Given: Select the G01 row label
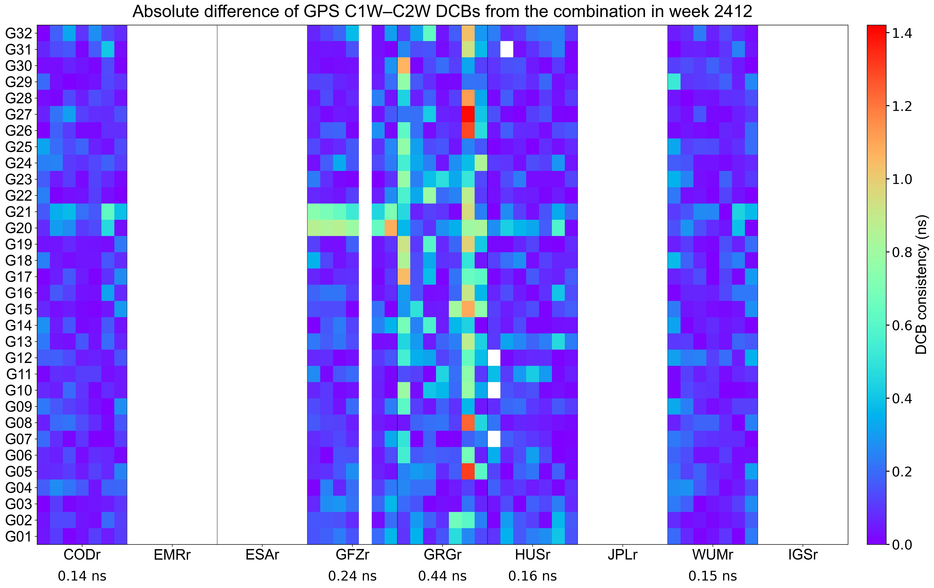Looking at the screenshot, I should click(18, 537).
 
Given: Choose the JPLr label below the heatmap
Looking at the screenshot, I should click(623, 555).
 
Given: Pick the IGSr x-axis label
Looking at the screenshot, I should click(803, 555).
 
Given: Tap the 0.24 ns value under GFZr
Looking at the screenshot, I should click(352, 576).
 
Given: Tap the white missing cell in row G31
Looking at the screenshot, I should click(507, 49).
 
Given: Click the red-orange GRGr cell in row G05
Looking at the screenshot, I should click(468, 471).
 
